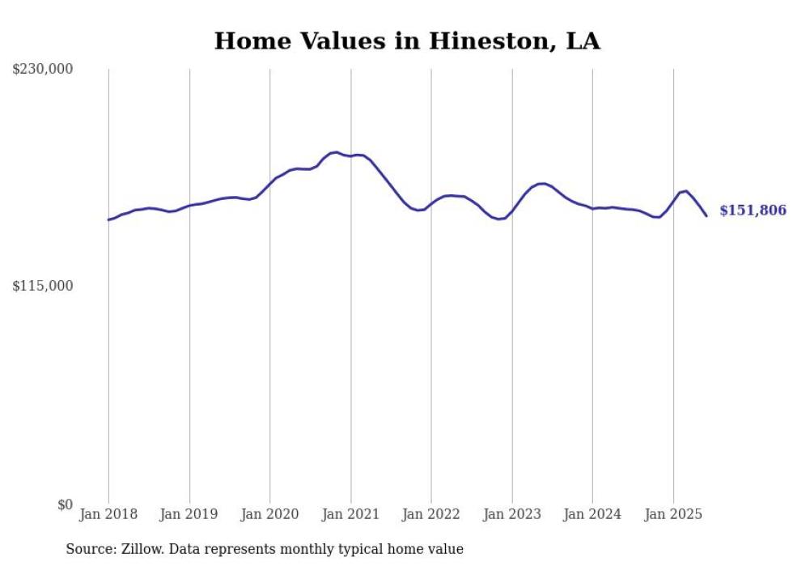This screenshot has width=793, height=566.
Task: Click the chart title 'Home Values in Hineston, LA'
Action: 407,41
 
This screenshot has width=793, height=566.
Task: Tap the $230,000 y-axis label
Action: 42,70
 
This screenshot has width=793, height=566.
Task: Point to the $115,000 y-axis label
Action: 42,286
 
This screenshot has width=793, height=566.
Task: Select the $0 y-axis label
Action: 65,504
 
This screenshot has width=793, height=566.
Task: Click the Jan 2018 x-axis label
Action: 108,514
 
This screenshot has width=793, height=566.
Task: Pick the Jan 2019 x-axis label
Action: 189,514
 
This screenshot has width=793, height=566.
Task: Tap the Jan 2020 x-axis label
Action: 269,514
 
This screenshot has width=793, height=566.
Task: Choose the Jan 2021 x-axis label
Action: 350,514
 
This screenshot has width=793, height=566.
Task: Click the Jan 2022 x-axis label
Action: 431,514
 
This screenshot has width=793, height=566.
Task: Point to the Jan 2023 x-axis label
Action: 512,514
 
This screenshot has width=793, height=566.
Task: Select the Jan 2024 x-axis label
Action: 592,514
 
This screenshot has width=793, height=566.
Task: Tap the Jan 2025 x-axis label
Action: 673,514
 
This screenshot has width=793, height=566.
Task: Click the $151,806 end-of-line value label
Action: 753,211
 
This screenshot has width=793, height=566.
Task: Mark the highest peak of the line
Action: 336,152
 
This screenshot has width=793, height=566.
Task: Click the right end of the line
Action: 706,215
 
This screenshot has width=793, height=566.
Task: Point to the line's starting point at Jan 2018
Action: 108,219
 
